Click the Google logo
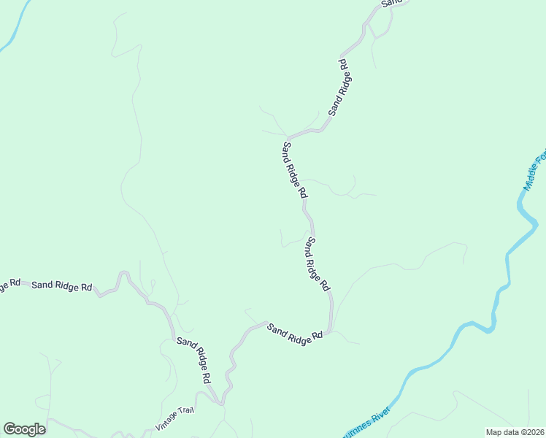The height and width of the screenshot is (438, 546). point(24,429)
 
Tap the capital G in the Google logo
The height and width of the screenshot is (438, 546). point(9,429)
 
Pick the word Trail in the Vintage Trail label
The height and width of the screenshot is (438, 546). point(187,412)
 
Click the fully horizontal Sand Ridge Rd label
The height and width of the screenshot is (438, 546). point(62,285)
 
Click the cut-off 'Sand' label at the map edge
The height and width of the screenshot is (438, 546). point(392,3)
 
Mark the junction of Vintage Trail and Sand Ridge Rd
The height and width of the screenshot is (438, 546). point(219,402)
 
